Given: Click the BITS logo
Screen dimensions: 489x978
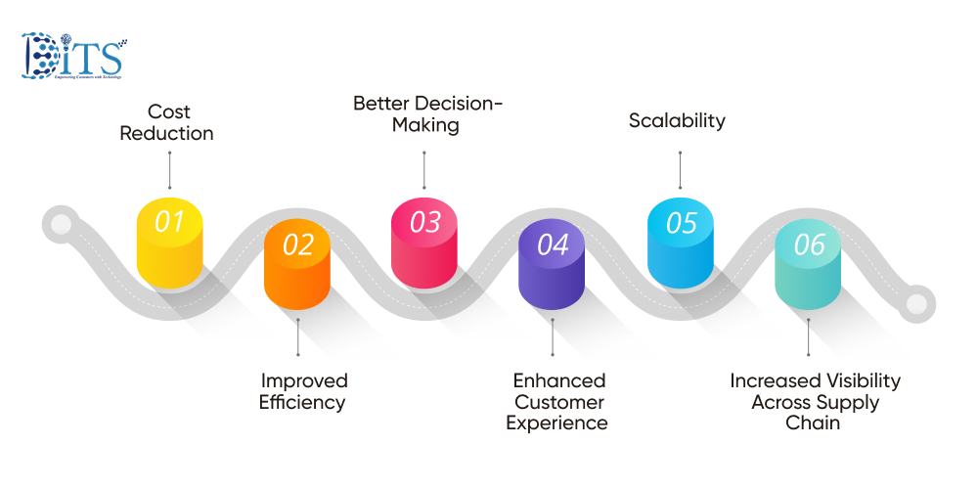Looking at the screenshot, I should pos(72,57).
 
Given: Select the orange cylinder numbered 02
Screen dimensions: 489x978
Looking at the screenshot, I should pos(297,265).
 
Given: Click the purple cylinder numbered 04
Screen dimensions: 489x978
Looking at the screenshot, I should pos(553,265).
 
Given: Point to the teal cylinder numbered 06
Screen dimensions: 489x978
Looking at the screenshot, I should pos(809,265).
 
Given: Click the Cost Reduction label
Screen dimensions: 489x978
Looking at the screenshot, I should pos(167,122).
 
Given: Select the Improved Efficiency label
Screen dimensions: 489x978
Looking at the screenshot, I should pos(303,391).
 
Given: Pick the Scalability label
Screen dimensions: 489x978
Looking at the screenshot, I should pos(677,121).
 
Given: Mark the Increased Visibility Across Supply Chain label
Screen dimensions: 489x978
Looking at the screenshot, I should pos(815,402).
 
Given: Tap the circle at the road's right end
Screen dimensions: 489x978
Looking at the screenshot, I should pos(916,303).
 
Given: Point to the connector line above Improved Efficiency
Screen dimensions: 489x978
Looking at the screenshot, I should pos(297,338).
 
